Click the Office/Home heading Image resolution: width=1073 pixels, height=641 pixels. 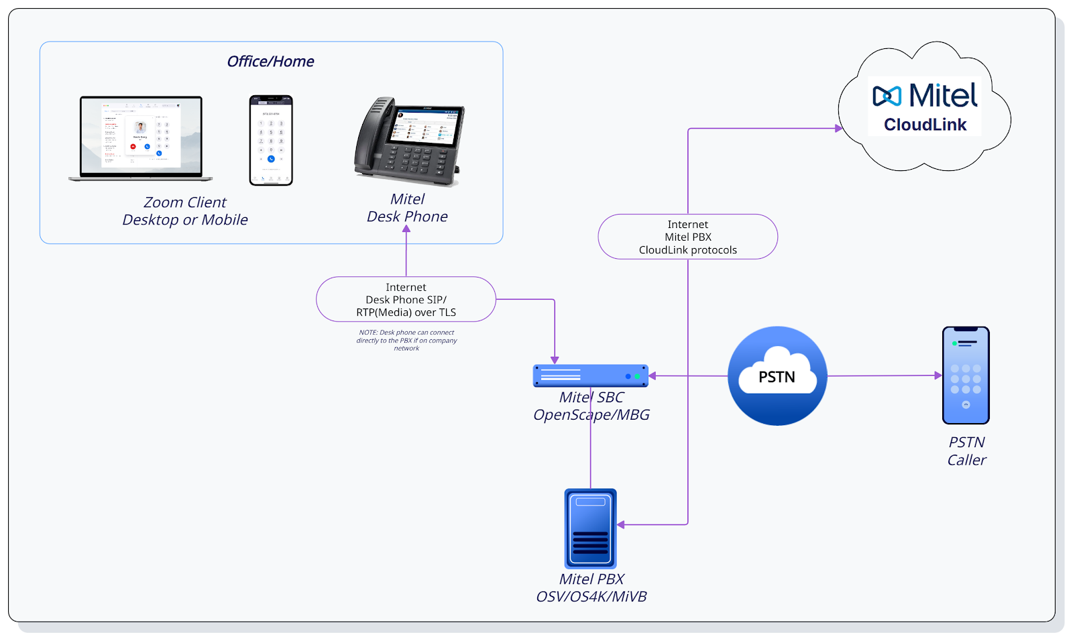tap(270, 62)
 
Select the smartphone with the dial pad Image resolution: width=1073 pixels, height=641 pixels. tap(271, 140)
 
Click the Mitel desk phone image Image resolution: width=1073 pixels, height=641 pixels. tap(409, 141)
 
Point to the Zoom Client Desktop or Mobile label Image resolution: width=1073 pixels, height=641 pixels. tap(185, 211)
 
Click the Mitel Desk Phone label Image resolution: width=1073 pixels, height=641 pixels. tap(407, 208)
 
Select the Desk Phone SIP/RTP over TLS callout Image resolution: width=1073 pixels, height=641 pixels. tap(406, 300)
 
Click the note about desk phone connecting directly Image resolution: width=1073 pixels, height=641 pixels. tap(406, 341)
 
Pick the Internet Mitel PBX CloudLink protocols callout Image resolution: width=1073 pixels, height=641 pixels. tap(687, 237)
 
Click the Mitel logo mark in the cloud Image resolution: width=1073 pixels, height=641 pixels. tap(887, 97)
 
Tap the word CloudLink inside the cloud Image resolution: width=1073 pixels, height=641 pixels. tap(925, 125)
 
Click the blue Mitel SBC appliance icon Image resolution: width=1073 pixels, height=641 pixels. tap(590, 375)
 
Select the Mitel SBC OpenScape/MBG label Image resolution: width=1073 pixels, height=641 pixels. tap(591, 406)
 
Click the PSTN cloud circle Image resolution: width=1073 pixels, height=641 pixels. tap(777, 376)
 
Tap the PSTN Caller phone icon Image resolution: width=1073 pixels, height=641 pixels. tap(966, 375)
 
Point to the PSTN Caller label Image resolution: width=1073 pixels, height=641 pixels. tap(966, 451)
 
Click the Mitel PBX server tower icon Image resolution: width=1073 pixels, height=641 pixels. tap(590, 528)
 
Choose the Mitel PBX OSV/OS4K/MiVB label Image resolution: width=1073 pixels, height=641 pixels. tap(591, 588)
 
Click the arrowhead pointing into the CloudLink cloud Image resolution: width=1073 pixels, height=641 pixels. tap(838, 128)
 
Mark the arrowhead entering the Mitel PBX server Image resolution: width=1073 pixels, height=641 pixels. tap(621, 524)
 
